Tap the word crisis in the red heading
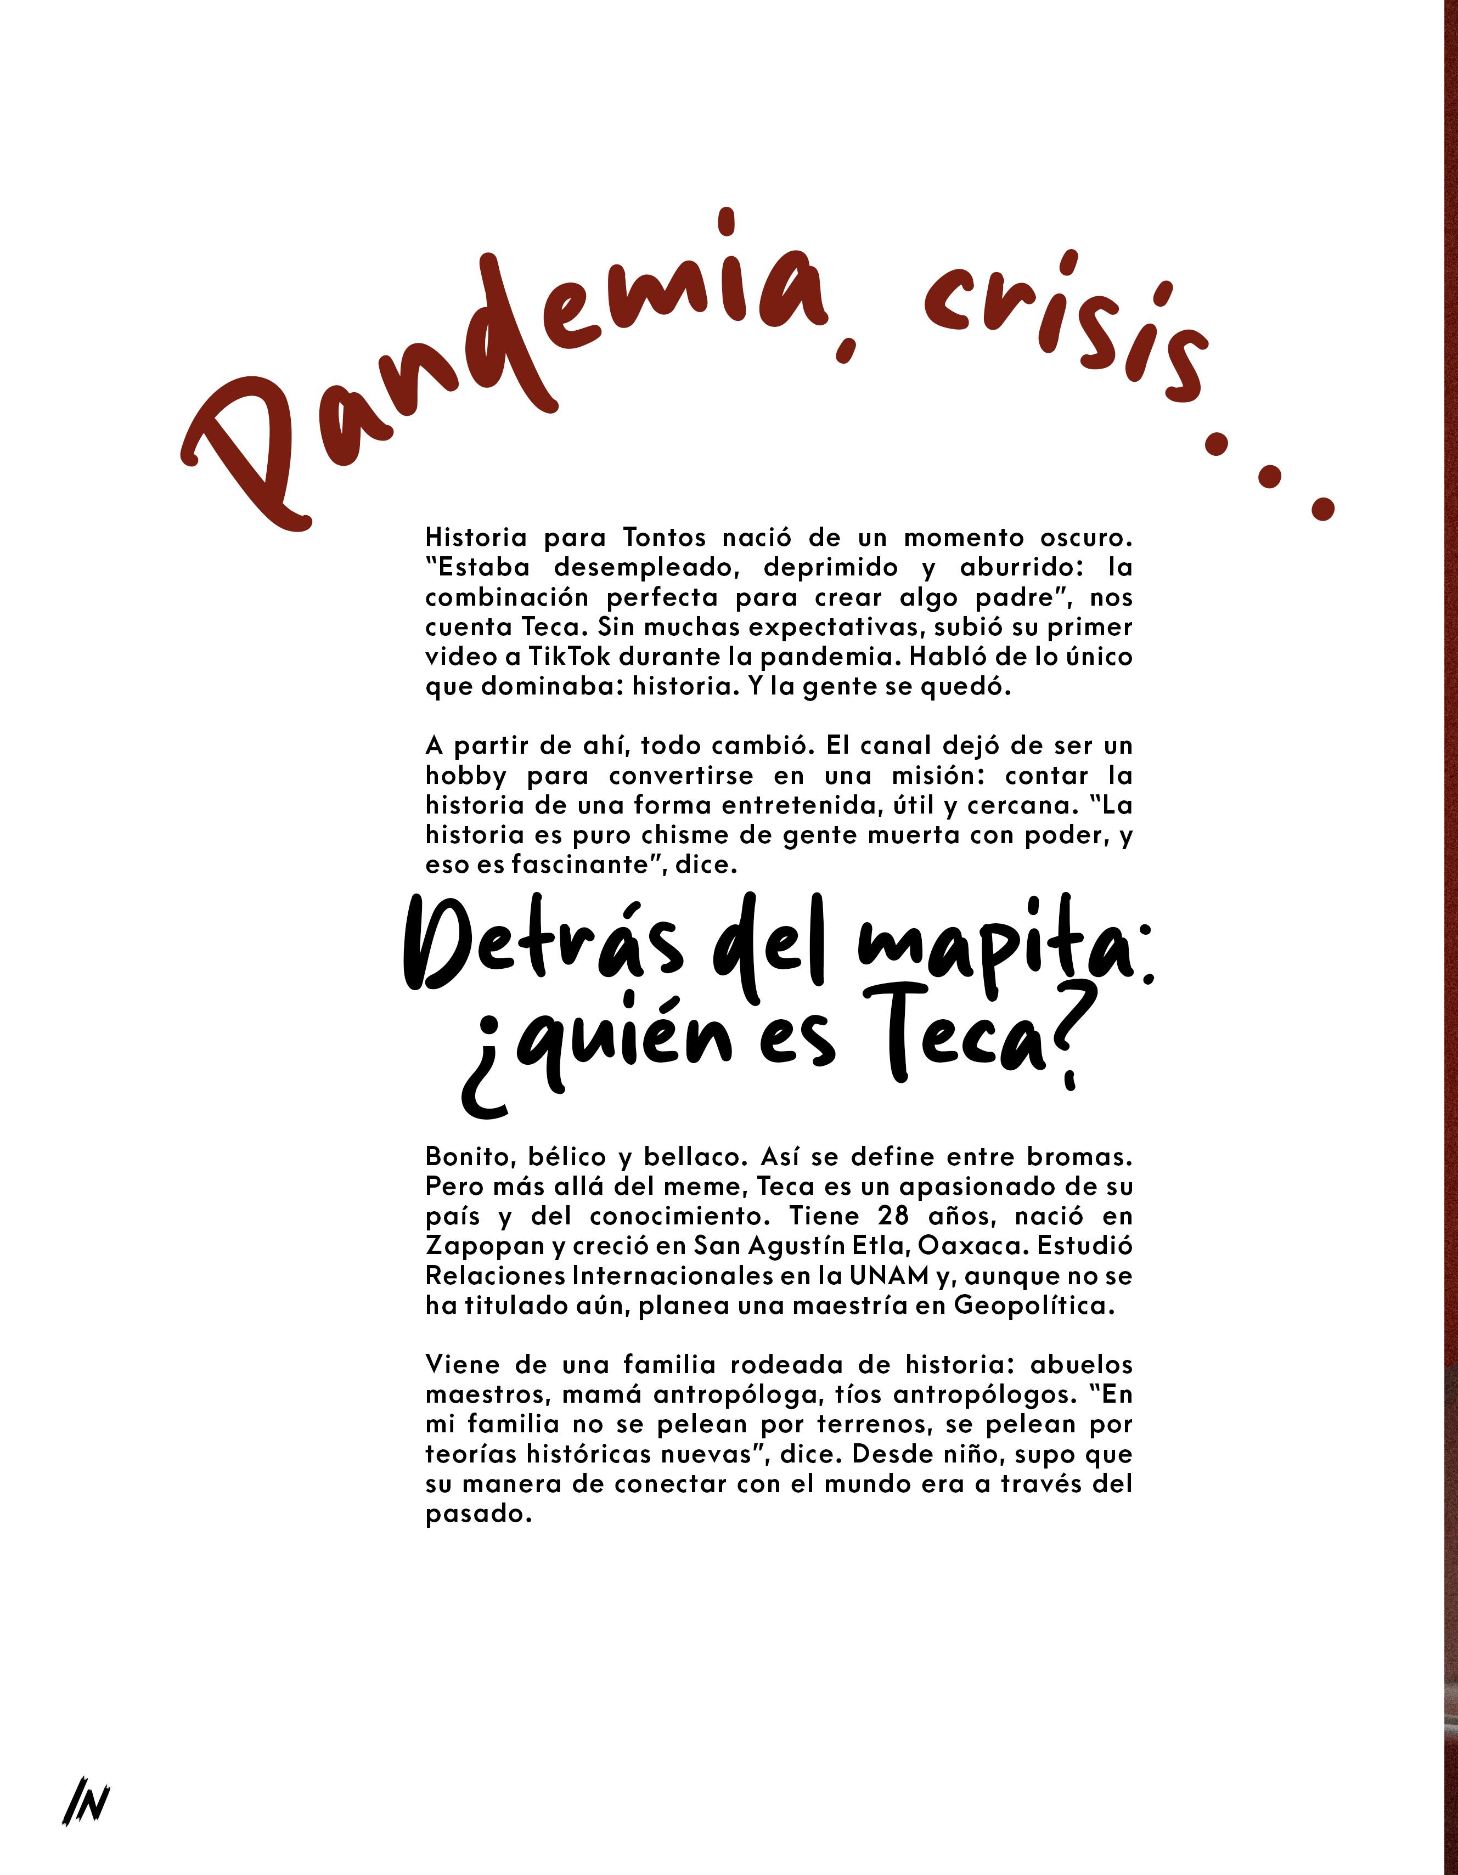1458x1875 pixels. click(1065, 322)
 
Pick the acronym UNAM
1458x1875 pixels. click(890, 1276)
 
